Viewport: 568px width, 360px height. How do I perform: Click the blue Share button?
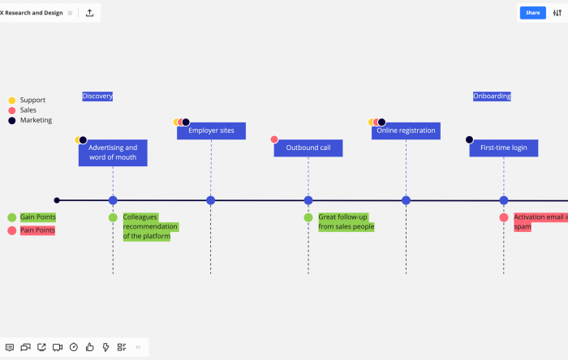tap(532, 13)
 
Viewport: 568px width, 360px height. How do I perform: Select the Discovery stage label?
tap(97, 96)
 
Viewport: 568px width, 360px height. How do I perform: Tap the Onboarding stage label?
tap(492, 96)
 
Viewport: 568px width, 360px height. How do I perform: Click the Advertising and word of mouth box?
tap(113, 152)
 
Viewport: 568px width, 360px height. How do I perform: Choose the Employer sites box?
tap(211, 131)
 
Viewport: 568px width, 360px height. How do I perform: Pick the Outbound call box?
tap(308, 148)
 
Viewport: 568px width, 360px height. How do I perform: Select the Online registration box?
tap(406, 131)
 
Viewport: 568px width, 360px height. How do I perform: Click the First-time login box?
tap(504, 148)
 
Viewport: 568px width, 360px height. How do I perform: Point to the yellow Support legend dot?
tap(12, 101)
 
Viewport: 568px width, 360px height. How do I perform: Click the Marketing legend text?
tap(36, 120)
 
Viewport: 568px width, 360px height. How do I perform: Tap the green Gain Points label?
tap(38, 217)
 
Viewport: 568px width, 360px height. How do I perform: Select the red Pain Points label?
tap(37, 230)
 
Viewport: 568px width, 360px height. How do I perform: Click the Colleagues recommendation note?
tap(150, 226)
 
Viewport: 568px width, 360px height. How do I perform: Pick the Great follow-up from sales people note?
tap(346, 222)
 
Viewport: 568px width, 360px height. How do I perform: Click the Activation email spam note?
tap(540, 222)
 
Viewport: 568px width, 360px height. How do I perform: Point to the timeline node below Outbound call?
tap(308, 200)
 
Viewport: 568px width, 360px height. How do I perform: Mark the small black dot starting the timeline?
tap(57, 200)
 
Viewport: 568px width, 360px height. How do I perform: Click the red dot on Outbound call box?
tap(274, 139)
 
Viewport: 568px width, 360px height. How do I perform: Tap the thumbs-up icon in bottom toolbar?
tap(89, 347)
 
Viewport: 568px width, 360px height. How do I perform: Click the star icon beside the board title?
tap(70, 13)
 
